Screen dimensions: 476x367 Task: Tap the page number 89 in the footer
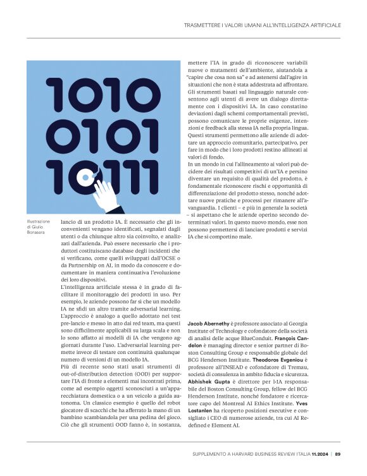coord(338,453)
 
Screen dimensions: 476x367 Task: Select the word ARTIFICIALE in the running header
coord(322,25)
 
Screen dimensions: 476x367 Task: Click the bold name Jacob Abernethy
coord(209,322)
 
